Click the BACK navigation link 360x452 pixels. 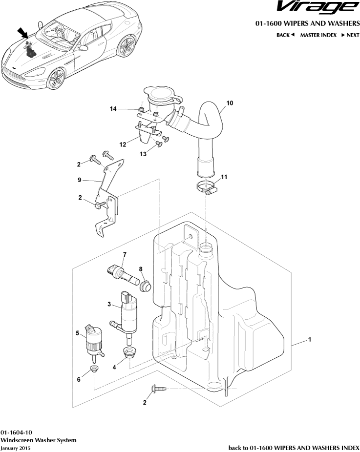tap(285, 35)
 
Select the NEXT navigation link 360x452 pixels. tap(350, 35)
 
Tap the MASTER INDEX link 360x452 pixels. tap(318, 35)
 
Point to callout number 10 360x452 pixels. tap(230, 103)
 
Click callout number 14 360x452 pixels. tap(113, 109)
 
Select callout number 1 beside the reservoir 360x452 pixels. tap(310, 340)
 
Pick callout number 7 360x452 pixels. tap(125, 254)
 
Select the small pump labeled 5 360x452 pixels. tap(94, 343)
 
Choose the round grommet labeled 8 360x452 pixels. tap(146, 285)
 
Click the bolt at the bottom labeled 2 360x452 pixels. tap(158, 389)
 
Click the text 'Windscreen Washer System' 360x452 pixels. tap(39, 440)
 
